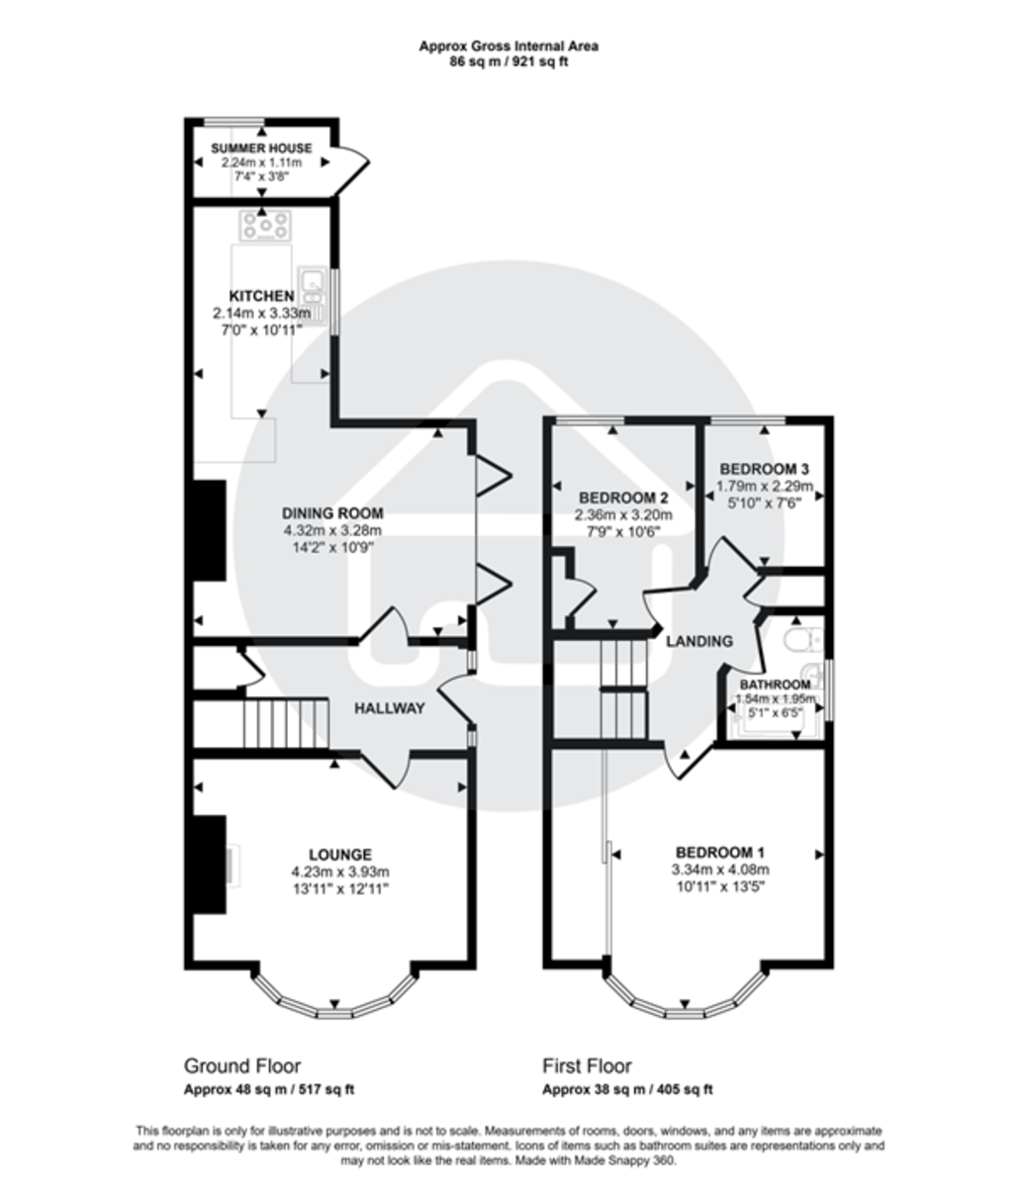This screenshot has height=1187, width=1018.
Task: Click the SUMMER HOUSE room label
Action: pos(261,148)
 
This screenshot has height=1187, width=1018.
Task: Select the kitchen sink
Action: pos(313,285)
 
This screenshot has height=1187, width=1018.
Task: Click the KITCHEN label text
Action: pos(261,296)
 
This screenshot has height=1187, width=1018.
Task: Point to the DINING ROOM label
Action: pos(332,513)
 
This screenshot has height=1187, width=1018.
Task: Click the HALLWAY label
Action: pos(390,708)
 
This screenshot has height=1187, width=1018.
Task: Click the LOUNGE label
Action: pos(340,855)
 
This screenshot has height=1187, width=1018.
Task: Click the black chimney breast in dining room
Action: pos(209,529)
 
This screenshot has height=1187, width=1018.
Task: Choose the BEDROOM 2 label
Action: pos(624,498)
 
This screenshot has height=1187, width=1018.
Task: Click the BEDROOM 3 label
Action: pos(765,468)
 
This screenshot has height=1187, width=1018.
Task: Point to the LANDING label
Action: pos(698,641)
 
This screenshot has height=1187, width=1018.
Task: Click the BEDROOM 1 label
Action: pos(720,853)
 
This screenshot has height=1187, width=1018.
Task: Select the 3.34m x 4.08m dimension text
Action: pos(720,869)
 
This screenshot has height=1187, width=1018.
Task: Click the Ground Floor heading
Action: pos(242,1066)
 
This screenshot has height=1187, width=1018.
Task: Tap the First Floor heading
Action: pos(587,1066)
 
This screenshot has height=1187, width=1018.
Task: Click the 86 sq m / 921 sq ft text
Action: pos(509,61)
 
